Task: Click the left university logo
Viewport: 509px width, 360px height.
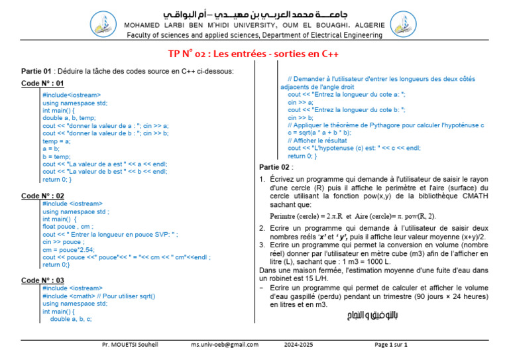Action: click(102, 23)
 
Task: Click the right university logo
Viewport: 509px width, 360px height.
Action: click(404, 23)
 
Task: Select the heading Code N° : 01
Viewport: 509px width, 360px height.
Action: click(42, 83)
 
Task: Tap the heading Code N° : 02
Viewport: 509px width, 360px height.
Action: click(42, 196)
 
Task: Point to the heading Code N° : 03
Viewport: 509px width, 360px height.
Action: click(42, 280)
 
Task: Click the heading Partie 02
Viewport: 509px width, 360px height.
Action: click(274, 167)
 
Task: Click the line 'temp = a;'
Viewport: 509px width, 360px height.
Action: click(56, 141)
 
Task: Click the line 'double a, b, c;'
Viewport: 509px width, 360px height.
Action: click(71, 319)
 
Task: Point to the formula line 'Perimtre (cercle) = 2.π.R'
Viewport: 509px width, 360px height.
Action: click(306, 216)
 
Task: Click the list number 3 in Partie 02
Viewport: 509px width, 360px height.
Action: click(262, 245)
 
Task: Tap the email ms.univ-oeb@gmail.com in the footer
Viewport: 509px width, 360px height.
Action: click(225, 345)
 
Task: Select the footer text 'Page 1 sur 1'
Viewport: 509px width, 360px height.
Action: click(391, 345)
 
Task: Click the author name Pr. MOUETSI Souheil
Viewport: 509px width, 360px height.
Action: click(130, 345)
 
